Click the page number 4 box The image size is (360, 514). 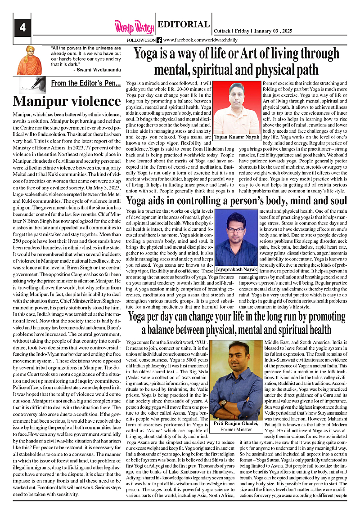pyautogui.click(x=22, y=27)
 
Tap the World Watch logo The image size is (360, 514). pyautogui.click(x=134, y=27)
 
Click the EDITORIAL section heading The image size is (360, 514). pyautogui.click(x=184, y=25)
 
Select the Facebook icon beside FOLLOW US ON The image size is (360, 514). pyautogui.click(x=159, y=40)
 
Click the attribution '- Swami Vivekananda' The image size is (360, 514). pyautogui.click(x=96, y=70)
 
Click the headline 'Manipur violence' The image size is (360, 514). pyautogui.click(x=67, y=101)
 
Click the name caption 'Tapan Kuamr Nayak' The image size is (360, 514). pyautogui.click(x=236, y=136)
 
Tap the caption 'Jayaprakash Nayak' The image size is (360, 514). pyautogui.click(x=237, y=269)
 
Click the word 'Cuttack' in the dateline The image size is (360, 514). pyautogui.click(x=222, y=31)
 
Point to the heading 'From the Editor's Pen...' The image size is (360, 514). pyautogui.click(x=85, y=83)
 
